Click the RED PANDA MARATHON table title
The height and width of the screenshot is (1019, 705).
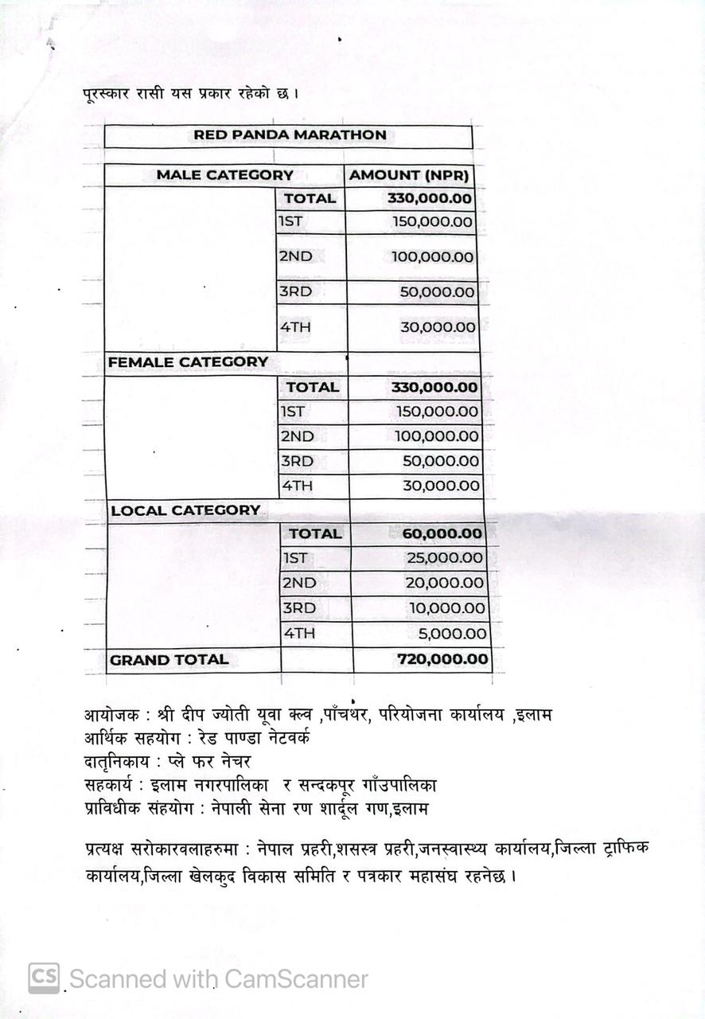point(290,135)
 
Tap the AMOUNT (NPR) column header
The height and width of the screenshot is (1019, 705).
point(409,176)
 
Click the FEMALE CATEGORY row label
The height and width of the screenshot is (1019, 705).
point(188,362)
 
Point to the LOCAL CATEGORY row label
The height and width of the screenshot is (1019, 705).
point(185,510)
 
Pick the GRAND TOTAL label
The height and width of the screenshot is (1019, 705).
point(169,660)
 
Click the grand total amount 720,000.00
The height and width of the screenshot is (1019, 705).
point(443,660)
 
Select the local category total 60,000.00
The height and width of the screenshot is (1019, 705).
point(442,534)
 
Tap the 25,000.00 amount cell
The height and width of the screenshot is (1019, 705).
point(445,559)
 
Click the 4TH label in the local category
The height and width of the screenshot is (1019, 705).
point(299,634)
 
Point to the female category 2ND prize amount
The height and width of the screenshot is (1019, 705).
point(437,437)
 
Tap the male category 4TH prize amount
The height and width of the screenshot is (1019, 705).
point(438,327)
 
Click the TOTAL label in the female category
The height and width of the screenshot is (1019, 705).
point(313,388)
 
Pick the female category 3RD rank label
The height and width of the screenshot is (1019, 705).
point(297,462)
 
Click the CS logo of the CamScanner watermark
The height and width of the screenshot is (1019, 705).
point(45,978)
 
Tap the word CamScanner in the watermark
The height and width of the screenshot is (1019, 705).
point(296,979)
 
